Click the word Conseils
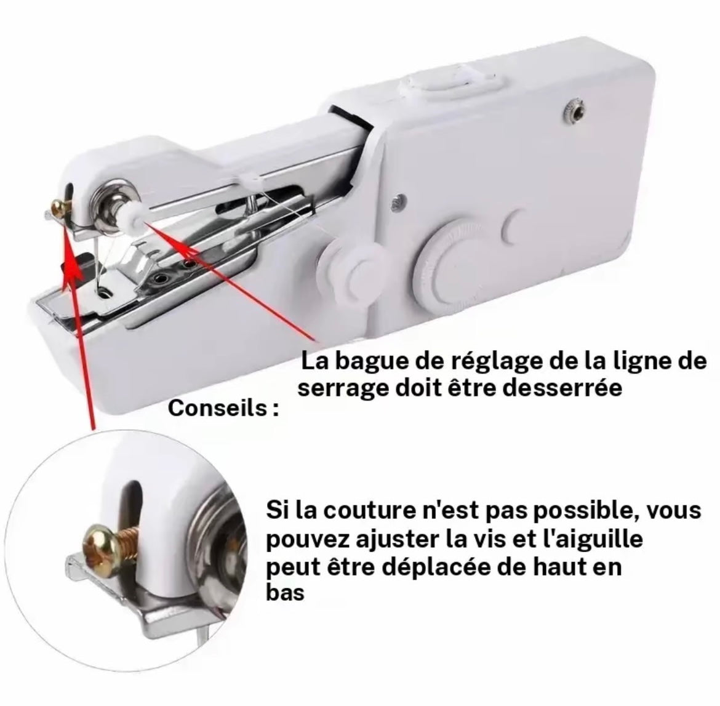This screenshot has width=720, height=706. point(217,408)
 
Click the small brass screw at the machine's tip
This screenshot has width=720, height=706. point(59,209)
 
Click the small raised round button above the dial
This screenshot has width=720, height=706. point(518,223)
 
